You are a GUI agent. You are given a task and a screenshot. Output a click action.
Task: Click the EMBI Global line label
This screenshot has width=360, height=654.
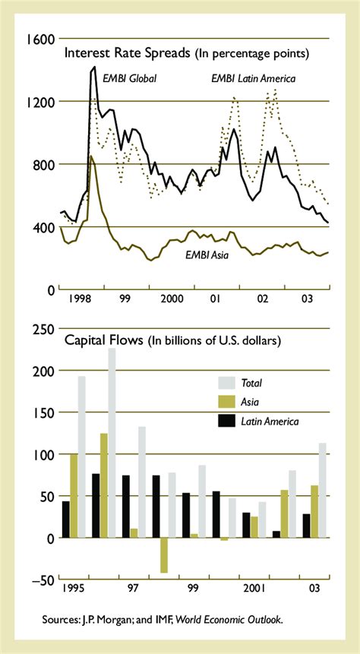(x=129, y=77)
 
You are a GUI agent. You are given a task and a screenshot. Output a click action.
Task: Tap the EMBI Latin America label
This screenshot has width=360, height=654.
(x=253, y=77)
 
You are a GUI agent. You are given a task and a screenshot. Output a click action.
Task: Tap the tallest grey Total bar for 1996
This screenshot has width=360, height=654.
(x=112, y=443)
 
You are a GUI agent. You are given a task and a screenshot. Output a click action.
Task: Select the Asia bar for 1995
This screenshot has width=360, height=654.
(x=74, y=496)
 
